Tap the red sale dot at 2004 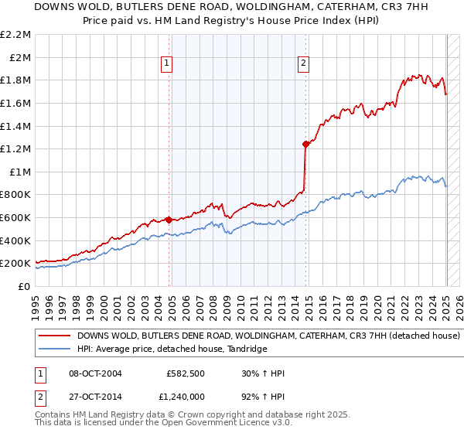point(169,220)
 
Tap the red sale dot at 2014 point(306,144)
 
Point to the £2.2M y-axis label point(15,35)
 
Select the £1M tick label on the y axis point(20,172)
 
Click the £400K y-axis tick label point(16,240)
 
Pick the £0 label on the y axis point(24,286)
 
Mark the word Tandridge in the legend point(247,349)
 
